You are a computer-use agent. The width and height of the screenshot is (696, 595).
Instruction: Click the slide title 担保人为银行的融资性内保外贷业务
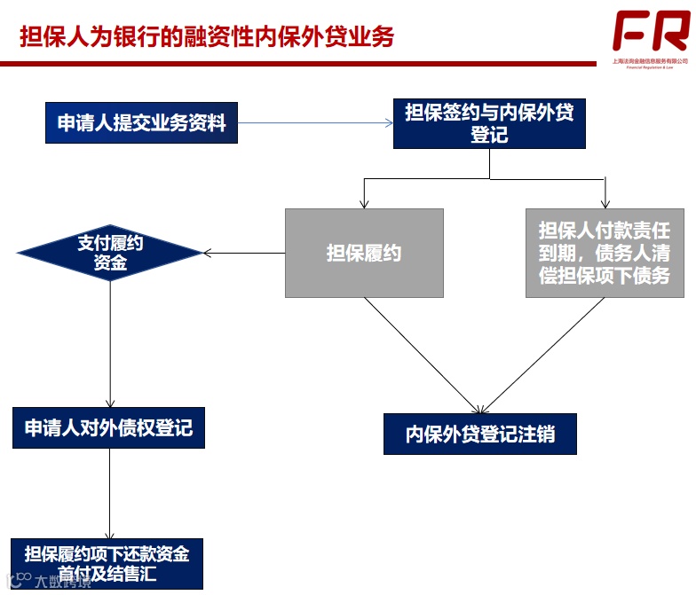pos(207,36)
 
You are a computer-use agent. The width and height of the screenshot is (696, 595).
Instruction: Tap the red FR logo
pos(650,32)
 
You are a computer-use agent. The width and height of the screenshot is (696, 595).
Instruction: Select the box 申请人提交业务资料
pos(142,123)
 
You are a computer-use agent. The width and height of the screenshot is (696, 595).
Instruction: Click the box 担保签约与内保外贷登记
pos(489,123)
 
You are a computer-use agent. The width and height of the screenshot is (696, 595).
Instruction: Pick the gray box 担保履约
pos(364,253)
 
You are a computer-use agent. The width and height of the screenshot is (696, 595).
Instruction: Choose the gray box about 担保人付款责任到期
pos(605,253)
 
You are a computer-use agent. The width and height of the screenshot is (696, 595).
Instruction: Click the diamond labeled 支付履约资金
pos(110,253)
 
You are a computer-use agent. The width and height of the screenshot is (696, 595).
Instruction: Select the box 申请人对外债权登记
pos(109,428)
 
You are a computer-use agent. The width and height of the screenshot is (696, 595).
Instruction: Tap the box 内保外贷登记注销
pos(479,435)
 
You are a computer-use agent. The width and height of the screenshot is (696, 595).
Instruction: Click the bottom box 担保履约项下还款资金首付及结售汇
pos(107,563)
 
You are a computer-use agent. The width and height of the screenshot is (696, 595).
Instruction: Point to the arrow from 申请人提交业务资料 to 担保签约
pos(315,123)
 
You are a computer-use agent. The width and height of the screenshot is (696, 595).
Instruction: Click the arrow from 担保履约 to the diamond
pos(244,254)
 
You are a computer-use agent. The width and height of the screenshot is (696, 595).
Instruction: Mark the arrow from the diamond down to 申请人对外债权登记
pos(110,346)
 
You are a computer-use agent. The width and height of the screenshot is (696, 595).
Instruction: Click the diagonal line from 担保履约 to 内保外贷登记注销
pos(422,355)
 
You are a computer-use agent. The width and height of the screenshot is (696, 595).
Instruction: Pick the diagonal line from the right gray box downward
pos(542,355)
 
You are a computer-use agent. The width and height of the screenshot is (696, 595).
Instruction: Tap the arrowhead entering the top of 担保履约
pos(364,203)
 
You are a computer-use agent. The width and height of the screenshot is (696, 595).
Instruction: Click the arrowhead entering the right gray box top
pos(605,203)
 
